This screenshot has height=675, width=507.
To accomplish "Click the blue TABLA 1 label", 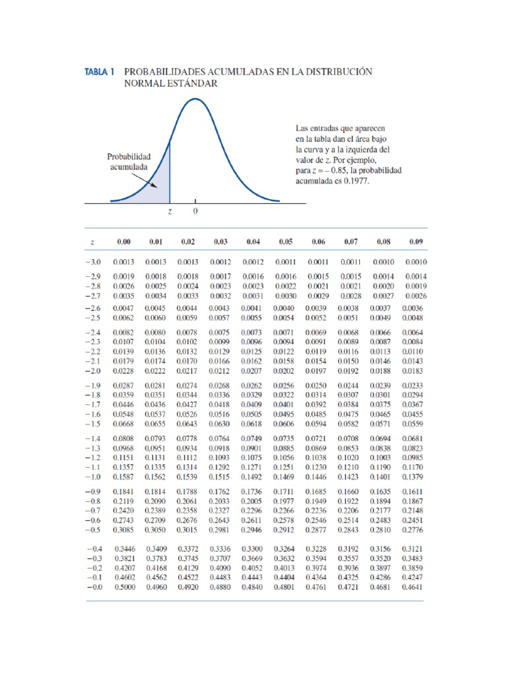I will click(100, 71).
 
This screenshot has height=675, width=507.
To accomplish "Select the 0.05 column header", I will click(286, 243).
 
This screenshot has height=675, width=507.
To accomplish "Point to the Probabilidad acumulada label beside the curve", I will click(129, 162).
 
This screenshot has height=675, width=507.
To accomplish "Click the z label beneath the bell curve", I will click(170, 212).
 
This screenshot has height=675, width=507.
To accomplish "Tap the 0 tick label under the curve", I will click(195, 212).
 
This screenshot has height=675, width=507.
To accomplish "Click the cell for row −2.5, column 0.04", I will click(253, 318).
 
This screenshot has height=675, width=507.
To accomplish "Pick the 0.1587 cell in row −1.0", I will click(123, 477).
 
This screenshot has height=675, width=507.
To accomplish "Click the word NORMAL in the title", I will click(143, 84).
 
